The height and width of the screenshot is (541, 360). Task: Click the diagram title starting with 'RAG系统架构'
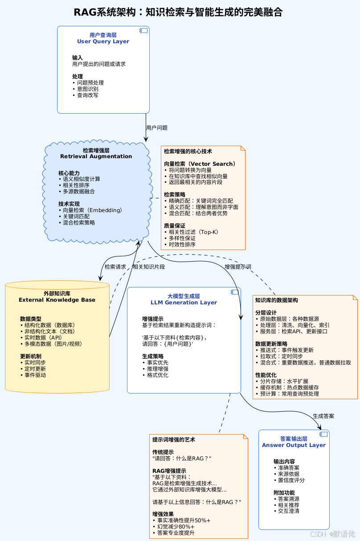tap(178, 12)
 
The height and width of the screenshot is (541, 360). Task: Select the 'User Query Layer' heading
tap(103, 41)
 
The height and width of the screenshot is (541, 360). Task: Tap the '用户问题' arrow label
tap(157, 128)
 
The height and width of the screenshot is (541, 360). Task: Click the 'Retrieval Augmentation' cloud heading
tap(96, 156)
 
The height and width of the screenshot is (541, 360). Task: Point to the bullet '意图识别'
tap(87, 89)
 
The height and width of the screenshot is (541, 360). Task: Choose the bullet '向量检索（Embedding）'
tap(92, 210)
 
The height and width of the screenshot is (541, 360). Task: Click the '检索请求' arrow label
tap(115, 267)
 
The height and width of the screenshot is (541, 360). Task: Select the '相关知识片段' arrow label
tap(149, 267)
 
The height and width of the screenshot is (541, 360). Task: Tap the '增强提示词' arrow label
tap(238, 267)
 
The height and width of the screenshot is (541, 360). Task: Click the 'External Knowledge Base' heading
tap(57, 300)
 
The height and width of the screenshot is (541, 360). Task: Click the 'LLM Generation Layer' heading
tap(184, 303)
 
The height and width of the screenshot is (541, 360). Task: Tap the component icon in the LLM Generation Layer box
tap(234, 292)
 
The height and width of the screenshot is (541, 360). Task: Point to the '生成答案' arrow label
tap(323, 416)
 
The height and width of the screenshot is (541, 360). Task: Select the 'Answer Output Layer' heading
tap(294, 445)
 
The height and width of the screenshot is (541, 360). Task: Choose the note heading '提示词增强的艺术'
tap(174, 440)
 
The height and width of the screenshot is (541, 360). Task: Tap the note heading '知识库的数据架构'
tap(277, 300)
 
